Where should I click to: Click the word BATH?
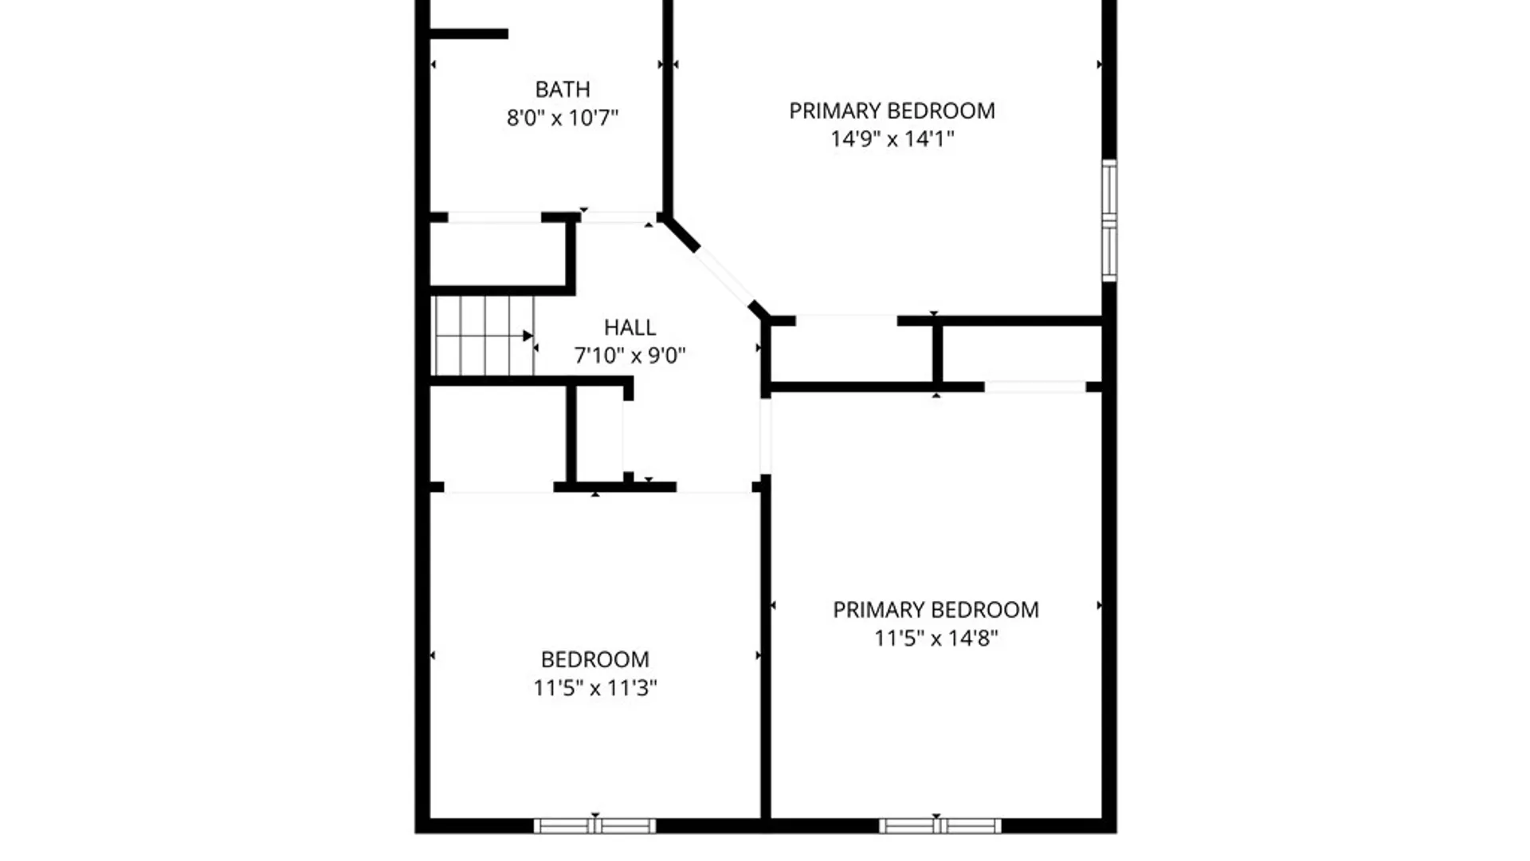pos(563,89)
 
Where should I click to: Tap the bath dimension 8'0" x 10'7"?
pos(563,118)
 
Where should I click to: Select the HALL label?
pos(630,328)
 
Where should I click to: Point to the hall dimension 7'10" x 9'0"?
pos(630,356)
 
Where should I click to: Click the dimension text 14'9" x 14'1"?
pos(892,139)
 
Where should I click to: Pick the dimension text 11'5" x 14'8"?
pos(936,639)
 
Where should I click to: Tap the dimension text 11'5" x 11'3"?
pos(594,688)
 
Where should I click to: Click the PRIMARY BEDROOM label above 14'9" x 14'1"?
pos(892,111)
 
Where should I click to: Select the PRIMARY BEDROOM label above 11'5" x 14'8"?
pos(936,610)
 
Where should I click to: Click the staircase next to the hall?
pos(483,336)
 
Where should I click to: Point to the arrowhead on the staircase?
pos(528,336)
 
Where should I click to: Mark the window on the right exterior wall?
pos(1109,220)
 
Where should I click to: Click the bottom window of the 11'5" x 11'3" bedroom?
pos(594,826)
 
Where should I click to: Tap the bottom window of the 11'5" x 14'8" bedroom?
pos(940,826)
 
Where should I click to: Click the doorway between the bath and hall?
pos(618,218)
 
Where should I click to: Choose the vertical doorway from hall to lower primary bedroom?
pos(765,436)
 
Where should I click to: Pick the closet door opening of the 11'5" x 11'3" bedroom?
pos(499,487)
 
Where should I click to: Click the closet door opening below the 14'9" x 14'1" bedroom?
pos(846,320)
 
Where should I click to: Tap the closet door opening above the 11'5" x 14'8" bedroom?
pos(1035,387)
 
